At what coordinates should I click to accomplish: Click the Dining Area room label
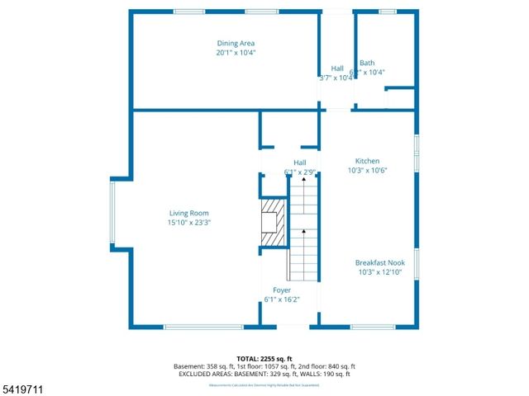point(236,43)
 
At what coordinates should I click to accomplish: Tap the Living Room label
point(190,213)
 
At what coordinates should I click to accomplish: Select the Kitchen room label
point(367,161)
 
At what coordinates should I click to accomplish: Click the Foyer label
point(281,290)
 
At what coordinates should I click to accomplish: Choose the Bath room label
point(367,63)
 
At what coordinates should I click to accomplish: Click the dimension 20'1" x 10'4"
point(236,53)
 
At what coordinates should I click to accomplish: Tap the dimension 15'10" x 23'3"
point(190,223)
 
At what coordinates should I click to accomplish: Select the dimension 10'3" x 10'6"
point(367,171)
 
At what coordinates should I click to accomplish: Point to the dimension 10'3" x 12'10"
point(379,272)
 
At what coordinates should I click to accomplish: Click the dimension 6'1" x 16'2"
point(281,299)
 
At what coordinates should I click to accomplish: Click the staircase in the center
point(303,231)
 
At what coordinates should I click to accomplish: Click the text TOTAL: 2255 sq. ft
point(264,358)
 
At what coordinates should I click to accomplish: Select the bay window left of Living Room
point(112,212)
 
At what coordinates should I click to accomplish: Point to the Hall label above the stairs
point(299,163)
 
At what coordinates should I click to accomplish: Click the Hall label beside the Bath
point(337,68)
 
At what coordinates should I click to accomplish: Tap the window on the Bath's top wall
point(387,12)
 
